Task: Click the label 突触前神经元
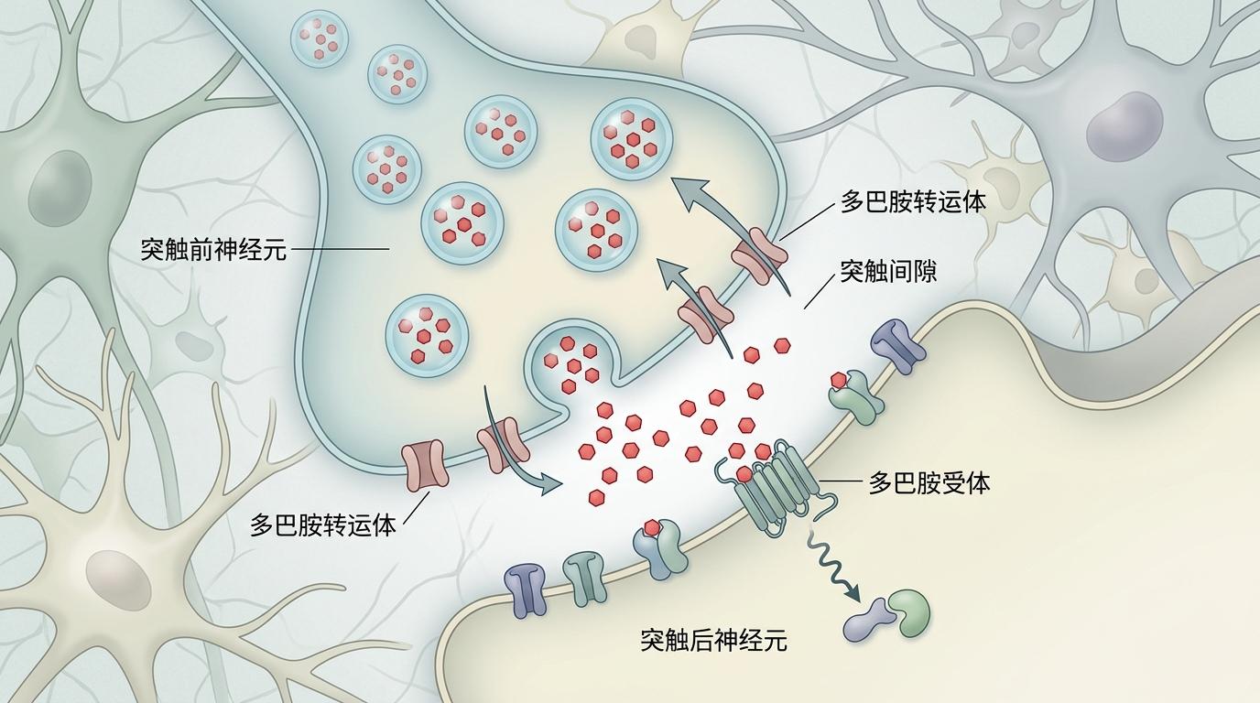pos(213,249)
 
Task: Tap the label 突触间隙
pos(888,271)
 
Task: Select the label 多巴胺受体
pos(929,482)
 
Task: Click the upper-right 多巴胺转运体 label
pos(914,201)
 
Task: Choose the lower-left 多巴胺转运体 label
pos(323,525)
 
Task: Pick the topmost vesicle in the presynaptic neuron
pos(320,38)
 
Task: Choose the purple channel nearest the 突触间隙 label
pos(898,346)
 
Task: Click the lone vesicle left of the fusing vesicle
pos(427,336)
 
